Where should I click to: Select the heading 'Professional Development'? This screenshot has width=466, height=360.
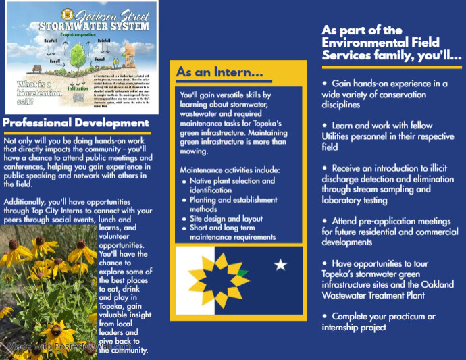tap(76, 123)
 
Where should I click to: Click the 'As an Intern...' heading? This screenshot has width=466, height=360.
tap(219, 72)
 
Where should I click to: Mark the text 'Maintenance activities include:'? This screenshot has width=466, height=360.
tap(230, 169)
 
